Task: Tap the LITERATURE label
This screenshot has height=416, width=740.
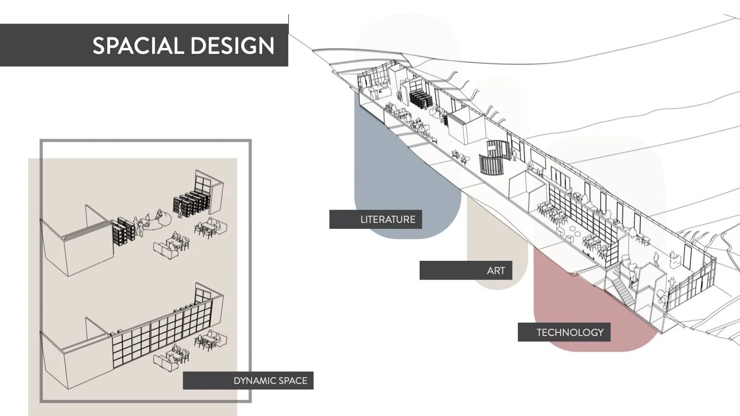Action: tap(388, 219)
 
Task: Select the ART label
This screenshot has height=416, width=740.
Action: tap(495, 270)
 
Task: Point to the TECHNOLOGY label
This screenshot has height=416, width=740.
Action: tap(570, 332)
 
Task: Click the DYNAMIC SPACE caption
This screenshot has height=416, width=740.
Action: tap(270, 381)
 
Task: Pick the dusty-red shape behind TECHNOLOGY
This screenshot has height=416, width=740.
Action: tap(587, 299)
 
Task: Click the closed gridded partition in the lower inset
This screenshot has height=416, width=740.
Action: tap(155, 341)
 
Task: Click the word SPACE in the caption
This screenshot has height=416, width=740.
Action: tap(293, 381)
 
